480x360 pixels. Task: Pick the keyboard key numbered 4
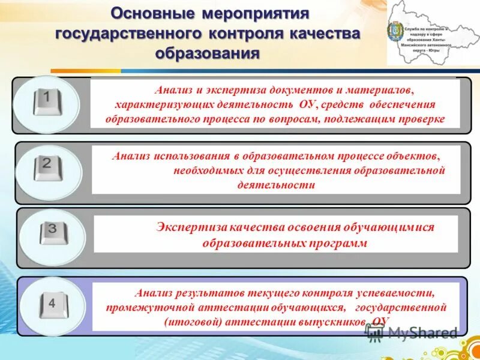pyautogui.click(x=53, y=305)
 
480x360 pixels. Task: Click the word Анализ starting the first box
pyautogui.click(x=172, y=90)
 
